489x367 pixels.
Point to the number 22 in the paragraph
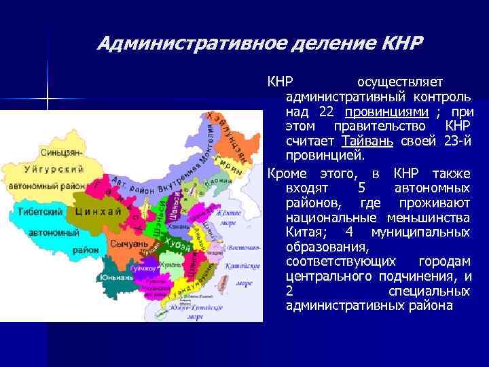click(329, 112)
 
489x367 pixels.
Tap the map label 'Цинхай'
click(99, 211)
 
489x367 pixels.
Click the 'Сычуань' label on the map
click(129, 243)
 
